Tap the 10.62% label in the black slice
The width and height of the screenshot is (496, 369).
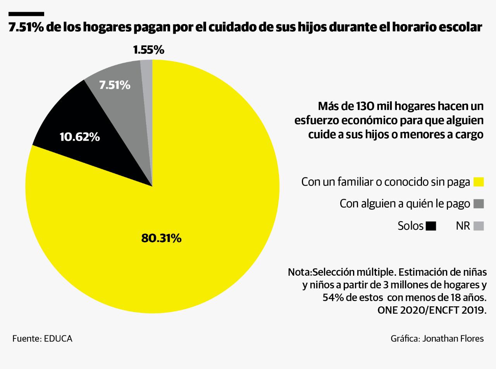point(80,137)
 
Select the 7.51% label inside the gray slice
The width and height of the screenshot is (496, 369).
point(115,85)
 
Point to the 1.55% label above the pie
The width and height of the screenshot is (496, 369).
point(149,50)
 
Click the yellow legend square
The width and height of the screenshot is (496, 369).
point(479,182)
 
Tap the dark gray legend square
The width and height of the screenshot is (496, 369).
point(479,204)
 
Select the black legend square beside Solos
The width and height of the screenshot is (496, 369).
point(431,226)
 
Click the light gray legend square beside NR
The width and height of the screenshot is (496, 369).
point(479,226)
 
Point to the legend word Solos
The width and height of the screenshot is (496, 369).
point(410,226)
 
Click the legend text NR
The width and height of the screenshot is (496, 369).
point(463,226)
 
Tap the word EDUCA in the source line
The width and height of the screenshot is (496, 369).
point(58,338)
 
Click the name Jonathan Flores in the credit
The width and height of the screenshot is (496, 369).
point(453,338)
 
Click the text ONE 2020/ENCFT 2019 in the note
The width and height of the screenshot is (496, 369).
point(432,311)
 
